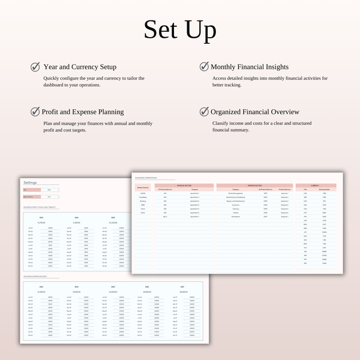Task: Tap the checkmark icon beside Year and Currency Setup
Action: [35, 67]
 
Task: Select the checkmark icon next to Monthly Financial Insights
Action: [204, 67]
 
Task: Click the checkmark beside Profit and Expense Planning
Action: [35, 112]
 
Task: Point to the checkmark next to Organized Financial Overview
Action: [204, 112]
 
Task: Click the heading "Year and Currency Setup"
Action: [80, 67]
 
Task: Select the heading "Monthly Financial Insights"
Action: [250, 67]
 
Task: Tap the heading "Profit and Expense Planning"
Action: [83, 112]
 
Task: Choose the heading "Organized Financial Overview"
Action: [255, 112]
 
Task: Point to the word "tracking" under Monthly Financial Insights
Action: [232, 85]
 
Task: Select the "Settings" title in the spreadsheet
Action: [30, 182]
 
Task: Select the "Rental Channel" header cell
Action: [143, 189]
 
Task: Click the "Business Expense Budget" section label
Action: [35, 277]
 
